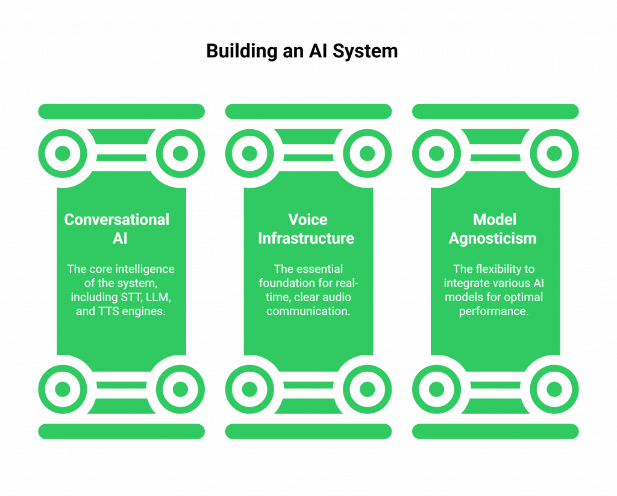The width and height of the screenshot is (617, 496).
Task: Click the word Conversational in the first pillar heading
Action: click(117, 220)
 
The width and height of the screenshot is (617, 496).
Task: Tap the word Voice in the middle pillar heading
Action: click(308, 220)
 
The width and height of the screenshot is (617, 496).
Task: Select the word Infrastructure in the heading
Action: click(306, 238)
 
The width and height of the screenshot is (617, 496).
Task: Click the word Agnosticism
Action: click(493, 238)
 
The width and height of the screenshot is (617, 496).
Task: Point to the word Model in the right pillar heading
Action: click(495, 220)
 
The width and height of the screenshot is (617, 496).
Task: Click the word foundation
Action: click(288, 283)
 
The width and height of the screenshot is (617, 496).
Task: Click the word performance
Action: click(493, 311)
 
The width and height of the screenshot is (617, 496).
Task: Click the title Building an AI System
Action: click(301, 51)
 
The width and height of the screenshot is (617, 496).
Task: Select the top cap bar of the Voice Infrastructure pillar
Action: click(308, 111)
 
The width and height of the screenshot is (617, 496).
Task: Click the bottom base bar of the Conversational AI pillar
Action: click(121, 431)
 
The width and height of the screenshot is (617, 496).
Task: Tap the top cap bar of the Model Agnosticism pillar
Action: click(495, 111)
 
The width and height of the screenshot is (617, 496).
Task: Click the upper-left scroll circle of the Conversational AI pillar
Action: click(63, 153)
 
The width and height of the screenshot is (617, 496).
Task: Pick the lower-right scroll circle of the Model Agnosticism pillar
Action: click(554, 389)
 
